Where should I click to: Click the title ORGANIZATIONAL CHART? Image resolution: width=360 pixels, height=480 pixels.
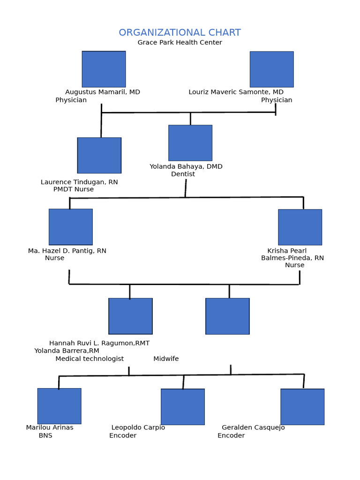(x=180, y=33)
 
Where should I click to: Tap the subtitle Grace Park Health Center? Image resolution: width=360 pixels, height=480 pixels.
(x=180, y=43)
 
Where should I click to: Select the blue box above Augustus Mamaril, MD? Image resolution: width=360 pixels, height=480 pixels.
(x=104, y=69)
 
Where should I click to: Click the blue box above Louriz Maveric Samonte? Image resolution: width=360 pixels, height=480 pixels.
(x=271, y=69)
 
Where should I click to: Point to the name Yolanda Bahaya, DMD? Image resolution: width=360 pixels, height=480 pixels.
(x=186, y=167)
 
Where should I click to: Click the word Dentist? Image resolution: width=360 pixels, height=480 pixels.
(x=183, y=174)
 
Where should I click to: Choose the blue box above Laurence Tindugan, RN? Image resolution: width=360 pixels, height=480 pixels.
(x=99, y=155)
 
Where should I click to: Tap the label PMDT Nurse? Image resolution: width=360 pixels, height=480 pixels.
(x=74, y=189)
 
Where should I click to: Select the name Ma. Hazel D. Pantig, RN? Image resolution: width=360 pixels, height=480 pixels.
(x=67, y=251)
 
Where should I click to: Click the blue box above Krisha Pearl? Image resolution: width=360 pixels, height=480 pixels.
(x=300, y=227)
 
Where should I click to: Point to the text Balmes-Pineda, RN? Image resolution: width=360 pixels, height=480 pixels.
(x=292, y=258)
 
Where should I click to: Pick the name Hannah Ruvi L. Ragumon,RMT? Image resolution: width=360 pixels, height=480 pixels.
(x=99, y=344)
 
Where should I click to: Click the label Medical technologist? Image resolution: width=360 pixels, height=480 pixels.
(x=90, y=359)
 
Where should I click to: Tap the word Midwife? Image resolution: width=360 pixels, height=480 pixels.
(x=166, y=359)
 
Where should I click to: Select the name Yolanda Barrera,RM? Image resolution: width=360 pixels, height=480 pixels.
(x=67, y=351)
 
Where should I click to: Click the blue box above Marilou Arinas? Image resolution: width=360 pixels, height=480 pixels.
(x=59, y=406)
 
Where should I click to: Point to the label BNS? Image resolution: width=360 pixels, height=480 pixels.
(x=45, y=435)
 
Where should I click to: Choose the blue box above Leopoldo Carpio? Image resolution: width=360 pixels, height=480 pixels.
(x=183, y=407)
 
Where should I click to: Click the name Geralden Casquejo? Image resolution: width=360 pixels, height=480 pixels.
(x=253, y=428)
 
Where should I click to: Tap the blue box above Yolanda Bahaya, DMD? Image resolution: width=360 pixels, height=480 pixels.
(x=190, y=143)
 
